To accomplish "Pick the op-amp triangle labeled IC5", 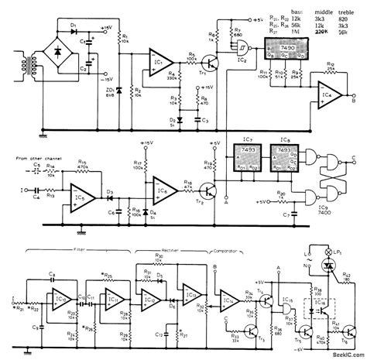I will [x=81, y=192].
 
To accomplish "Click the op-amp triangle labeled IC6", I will [x=161, y=190].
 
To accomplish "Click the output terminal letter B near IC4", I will [x=354, y=100].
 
